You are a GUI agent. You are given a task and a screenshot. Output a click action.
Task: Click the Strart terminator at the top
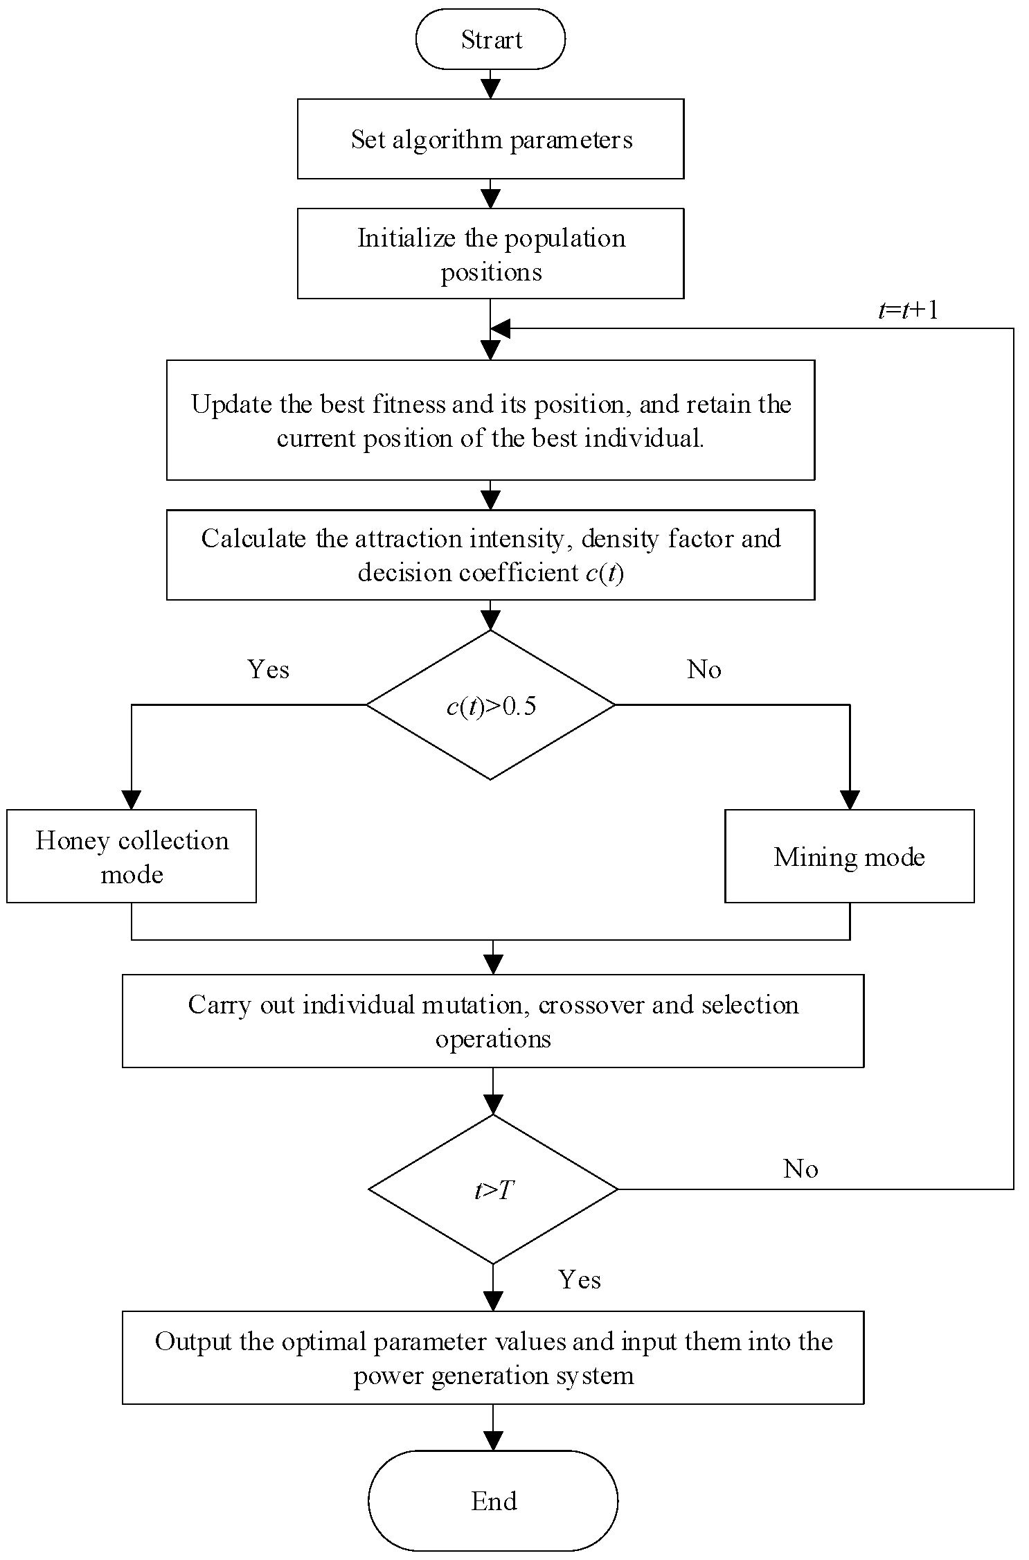pos(490,39)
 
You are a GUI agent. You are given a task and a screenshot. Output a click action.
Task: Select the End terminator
pos(493,1501)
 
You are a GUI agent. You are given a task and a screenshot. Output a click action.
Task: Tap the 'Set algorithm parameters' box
pos(491,139)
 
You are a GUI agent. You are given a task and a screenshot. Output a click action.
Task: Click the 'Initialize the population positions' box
pos(491,254)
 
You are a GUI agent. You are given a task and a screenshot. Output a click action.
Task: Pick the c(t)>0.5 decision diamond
pos(490,705)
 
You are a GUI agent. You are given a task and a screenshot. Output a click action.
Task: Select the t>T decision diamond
pos(493,1189)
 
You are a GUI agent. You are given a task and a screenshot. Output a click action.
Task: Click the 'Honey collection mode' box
pos(132,856)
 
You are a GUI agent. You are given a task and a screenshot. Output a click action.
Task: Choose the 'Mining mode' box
pos(850,856)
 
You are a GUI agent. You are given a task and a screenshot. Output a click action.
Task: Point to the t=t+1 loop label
pos(908,310)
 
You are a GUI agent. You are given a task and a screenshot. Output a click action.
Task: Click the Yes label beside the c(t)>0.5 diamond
pos(269,669)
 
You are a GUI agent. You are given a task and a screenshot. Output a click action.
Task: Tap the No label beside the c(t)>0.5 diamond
pos(704,669)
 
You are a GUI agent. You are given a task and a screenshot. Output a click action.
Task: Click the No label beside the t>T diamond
pos(800,1169)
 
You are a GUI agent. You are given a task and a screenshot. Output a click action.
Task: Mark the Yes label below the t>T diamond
pos(580,1280)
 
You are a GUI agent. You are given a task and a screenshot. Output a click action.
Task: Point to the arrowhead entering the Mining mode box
pos(850,800)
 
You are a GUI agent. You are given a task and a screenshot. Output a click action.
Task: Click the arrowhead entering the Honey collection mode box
pos(132,800)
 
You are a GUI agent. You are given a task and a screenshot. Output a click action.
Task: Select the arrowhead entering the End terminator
pos(493,1442)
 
